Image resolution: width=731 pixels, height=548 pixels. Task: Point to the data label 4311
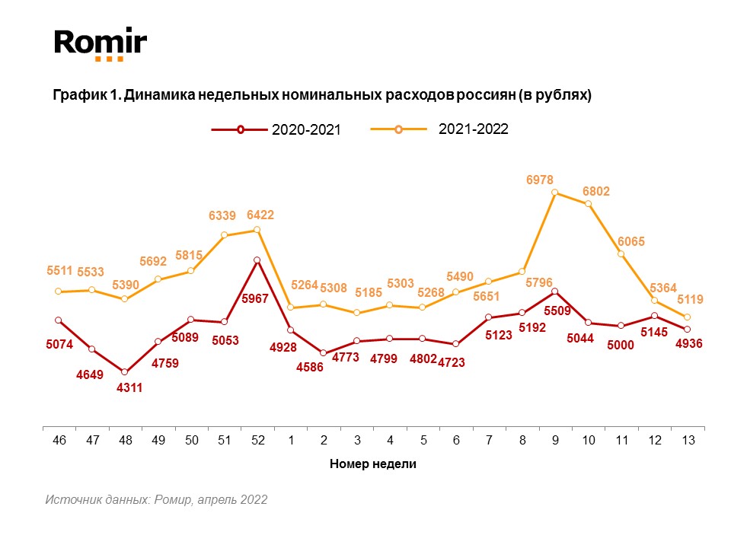[129, 387]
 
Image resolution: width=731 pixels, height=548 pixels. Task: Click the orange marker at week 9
[554, 193]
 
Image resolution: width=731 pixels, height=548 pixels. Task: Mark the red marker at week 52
[257, 260]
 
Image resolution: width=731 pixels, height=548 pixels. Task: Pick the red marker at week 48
[125, 371]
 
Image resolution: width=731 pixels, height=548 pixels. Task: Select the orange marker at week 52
[257, 230]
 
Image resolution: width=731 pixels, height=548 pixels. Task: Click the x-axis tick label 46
[58, 440]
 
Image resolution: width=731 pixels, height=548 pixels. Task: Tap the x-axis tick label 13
[688, 440]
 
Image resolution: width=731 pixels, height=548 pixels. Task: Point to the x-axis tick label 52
[257, 440]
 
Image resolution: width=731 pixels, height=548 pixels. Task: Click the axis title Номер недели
[373, 464]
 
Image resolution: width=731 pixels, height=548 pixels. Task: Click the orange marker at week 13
[688, 317]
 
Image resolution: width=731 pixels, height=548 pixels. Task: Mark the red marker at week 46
[59, 320]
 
